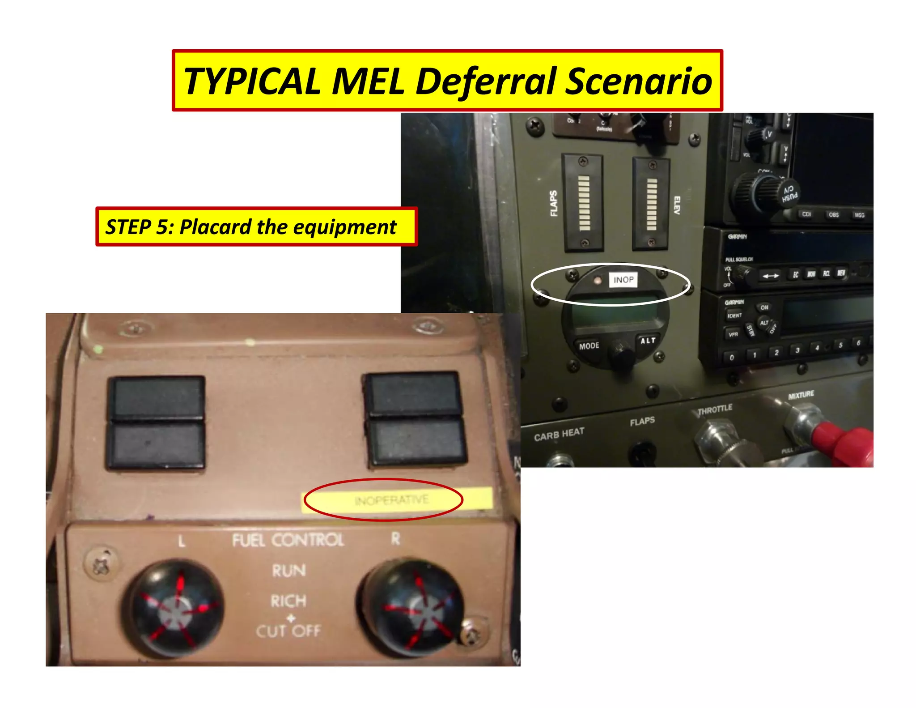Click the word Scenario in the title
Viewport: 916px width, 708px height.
click(638, 81)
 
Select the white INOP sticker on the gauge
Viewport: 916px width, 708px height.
click(623, 280)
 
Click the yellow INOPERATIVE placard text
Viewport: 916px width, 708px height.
click(391, 499)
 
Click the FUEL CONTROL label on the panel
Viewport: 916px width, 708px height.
click(288, 540)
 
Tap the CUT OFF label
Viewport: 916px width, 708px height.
click(288, 631)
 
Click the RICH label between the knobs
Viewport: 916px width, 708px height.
click(288, 601)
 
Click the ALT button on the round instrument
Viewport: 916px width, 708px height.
click(648, 341)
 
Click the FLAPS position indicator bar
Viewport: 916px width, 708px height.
click(584, 203)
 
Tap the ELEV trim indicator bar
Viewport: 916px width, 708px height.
click(652, 204)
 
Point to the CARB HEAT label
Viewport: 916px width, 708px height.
click(559, 434)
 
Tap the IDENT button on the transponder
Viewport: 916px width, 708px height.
click(734, 316)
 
